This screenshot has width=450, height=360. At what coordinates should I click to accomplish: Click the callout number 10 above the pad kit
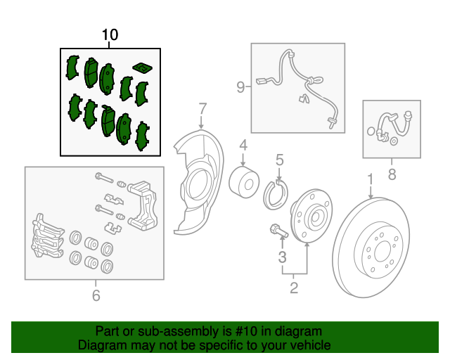coord(110,34)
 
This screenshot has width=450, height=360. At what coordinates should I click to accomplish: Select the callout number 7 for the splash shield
coord(202,109)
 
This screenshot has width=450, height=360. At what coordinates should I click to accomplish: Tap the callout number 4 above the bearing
coord(243,146)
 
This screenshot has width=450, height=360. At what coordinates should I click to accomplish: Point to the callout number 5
coord(280,160)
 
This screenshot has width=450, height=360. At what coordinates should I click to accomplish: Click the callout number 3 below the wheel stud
coord(283,257)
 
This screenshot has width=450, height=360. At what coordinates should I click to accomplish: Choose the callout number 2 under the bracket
coord(294,288)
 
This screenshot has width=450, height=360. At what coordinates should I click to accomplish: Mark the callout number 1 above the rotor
coord(371,179)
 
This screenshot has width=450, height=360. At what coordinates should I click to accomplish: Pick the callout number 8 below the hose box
coord(392,174)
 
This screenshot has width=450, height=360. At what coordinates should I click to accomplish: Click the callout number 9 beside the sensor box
coord(240,86)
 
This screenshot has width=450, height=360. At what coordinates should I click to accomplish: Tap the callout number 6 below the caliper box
coord(96,295)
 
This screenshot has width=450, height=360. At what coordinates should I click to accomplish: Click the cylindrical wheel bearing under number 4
coord(244,182)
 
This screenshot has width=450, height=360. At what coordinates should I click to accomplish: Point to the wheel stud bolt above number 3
coord(278,231)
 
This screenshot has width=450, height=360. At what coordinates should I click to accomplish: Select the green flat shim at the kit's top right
coord(142,67)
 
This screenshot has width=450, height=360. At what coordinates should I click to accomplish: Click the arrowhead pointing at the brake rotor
coord(371,197)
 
